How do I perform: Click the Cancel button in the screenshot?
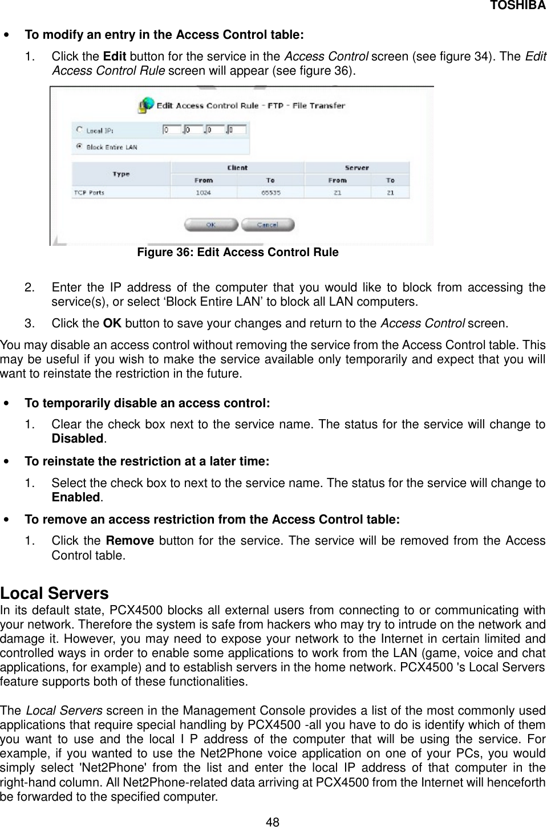pos(268,225)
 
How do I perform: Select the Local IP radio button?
pos(79,130)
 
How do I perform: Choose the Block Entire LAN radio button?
pos(79,147)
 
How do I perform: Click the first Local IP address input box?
pos(172,129)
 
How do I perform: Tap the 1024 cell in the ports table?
pos(204,193)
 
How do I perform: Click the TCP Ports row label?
pos(89,193)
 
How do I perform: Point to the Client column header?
pos(237,168)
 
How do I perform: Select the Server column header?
pos(356,168)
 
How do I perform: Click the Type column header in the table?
pos(121,174)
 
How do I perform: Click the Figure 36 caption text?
pos(238,252)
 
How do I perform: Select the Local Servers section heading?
pos(54,593)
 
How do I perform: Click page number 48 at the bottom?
pos(273,821)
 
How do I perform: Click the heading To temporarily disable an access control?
pos(147,403)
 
